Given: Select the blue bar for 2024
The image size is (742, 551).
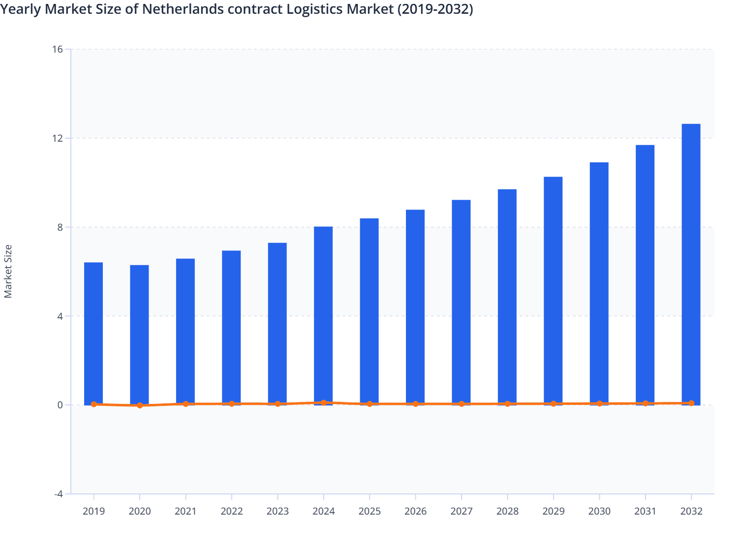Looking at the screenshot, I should [323, 315].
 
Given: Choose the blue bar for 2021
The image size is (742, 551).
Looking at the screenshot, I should [185, 332].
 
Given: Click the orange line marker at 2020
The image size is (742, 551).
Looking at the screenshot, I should [140, 405].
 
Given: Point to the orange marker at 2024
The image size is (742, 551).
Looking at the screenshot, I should [323, 402].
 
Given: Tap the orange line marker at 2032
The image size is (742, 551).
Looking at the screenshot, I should [691, 403].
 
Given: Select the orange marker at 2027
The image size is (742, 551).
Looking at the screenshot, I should [462, 404].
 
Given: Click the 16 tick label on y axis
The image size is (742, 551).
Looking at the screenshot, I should [58, 49].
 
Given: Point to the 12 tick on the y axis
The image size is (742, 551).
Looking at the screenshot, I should [58, 138].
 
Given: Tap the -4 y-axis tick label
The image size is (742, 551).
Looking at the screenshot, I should [58, 494].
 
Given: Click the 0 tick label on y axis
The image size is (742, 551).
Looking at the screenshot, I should [60, 405].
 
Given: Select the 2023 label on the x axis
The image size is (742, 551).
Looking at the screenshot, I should [278, 511].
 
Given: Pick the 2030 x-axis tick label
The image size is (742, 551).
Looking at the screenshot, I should [599, 511].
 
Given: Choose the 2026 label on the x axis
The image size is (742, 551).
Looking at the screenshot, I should [415, 511].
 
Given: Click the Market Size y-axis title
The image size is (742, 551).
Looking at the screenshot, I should [8, 271].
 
